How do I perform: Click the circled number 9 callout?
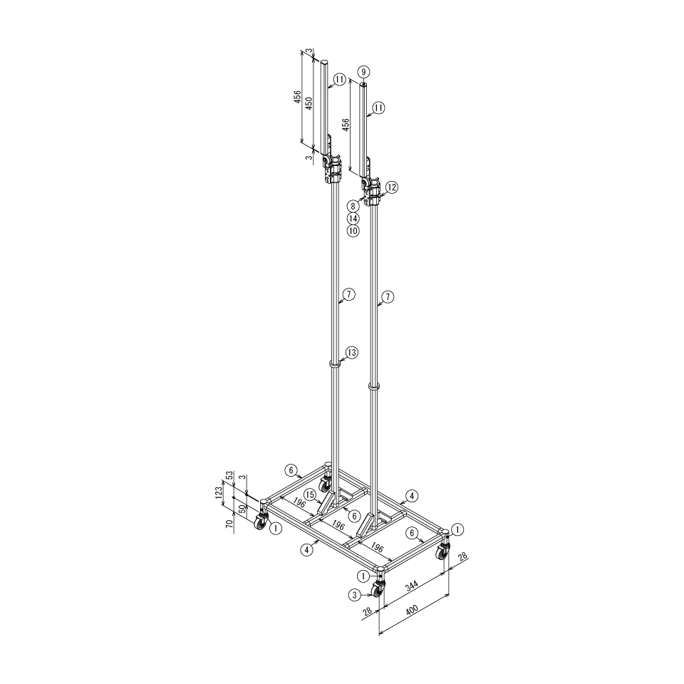(x=364, y=71)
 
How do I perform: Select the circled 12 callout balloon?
(x=391, y=187)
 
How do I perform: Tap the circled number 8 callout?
(x=353, y=205)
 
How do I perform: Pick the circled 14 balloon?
(x=353, y=218)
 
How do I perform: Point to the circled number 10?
(x=353, y=231)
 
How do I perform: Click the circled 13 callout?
(x=351, y=353)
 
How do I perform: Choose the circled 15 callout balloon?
(x=310, y=494)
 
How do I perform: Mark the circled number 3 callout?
(x=355, y=594)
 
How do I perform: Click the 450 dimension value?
(x=309, y=103)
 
